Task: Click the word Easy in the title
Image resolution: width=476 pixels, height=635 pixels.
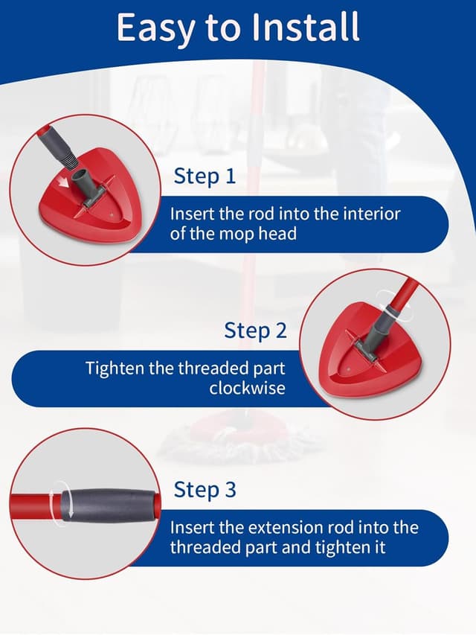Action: pyautogui.click(x=152, y=28)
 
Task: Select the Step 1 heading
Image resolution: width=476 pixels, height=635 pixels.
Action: pyautogui.click(x=205, y=176)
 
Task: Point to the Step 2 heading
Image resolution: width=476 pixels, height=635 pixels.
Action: pyautogui.click(x=255, y=331)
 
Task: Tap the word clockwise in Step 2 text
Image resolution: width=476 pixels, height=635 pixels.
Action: pyautogui.click(x=247, y=388)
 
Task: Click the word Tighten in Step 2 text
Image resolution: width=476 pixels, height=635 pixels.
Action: pyautogui.click(x=114, y=368)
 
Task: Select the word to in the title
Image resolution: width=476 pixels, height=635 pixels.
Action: pyautogui.click(x=222, y=28)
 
